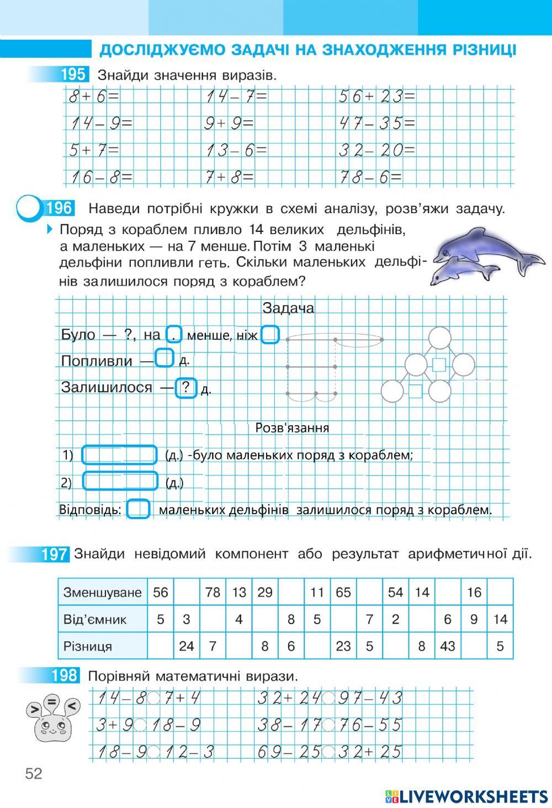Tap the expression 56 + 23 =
376,97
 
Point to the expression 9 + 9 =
229,124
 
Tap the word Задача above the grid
288,308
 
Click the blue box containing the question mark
187,388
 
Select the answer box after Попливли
164,358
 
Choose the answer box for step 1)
119,455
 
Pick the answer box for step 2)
120,481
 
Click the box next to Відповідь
138,509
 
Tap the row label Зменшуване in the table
103,593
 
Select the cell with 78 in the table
213,593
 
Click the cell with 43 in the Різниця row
447,646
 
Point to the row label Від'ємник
95,619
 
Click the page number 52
33,773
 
